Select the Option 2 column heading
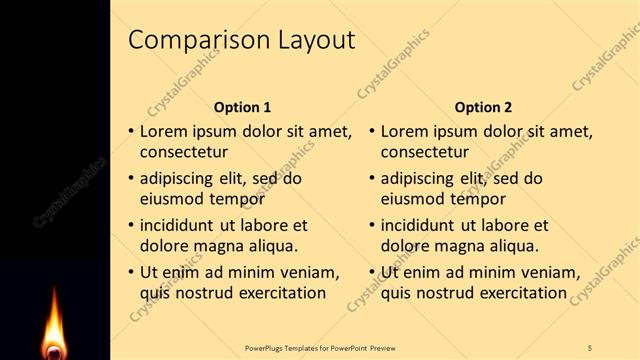[x=483, y=107]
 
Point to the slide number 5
[x=590, y=347]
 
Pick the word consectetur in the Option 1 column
[x=184, y=153]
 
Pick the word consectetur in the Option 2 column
[x=425, y=153]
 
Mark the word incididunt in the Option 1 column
[x=183, y=225]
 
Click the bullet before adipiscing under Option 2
[x=371, y=179]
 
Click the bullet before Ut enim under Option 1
[x=130, y=272]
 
